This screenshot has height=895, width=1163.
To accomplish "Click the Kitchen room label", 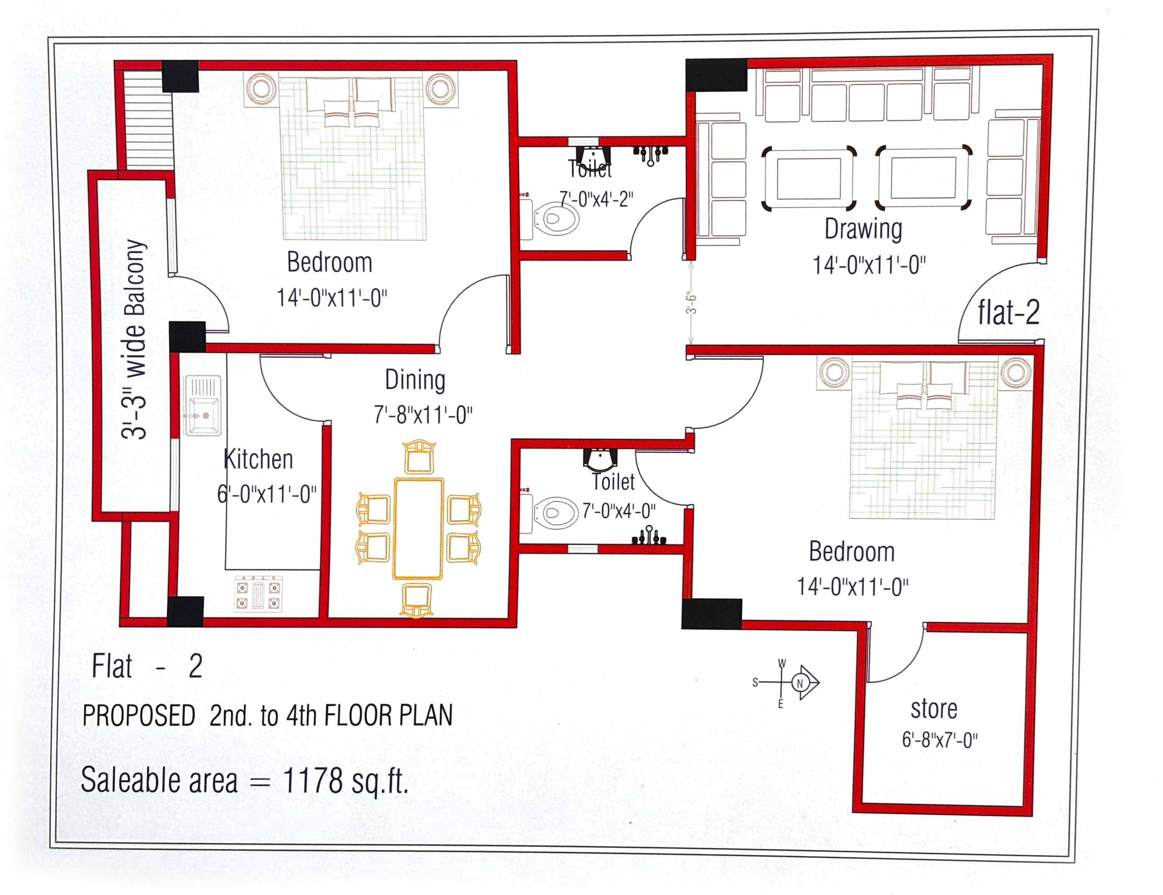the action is [258, 459].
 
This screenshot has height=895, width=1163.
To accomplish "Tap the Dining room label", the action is [415, 380].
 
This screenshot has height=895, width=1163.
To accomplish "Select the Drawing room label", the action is [863, 230].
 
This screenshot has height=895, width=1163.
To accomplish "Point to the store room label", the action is [934, 709].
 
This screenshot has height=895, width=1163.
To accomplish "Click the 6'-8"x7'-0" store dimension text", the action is [940, 740].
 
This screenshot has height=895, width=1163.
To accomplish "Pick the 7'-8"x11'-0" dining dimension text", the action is [423, 415].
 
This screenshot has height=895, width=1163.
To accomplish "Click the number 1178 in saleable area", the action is [313, 781].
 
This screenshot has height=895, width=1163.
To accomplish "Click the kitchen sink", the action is [203, 405].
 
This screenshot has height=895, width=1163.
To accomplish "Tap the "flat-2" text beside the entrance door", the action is [1009, 312].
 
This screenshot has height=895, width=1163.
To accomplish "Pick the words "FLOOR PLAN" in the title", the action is [389, 715].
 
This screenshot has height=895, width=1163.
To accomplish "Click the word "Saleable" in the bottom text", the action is [159, 781].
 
